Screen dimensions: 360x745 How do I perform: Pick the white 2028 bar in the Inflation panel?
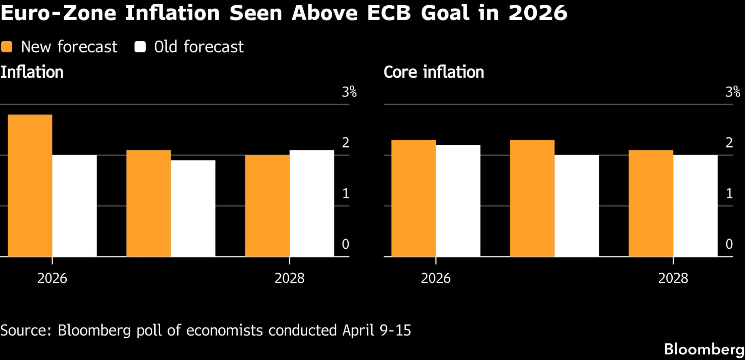pos(312,203)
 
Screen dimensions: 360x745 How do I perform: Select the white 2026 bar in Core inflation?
pos(458,201)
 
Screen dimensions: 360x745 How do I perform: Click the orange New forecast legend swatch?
pos(7,47)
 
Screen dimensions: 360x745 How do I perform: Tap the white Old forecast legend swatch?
pos(140,47)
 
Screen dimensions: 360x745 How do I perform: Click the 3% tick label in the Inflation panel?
pos(349,92)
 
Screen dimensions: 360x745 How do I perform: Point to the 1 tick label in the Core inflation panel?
pos(729,193)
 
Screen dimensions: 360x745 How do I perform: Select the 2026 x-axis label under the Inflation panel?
pos(52,278)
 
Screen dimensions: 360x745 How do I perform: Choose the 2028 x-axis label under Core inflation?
pos(673,278)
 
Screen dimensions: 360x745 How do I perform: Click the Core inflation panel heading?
pos(434,72)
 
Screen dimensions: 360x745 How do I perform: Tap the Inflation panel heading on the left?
pos(32,72)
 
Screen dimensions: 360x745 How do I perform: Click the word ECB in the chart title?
pos(389,13)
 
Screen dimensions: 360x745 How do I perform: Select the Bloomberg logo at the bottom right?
pos(704,349)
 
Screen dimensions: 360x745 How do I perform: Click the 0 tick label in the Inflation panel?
pos(345,244)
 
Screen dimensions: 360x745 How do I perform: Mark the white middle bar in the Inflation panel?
pos(193,208)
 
